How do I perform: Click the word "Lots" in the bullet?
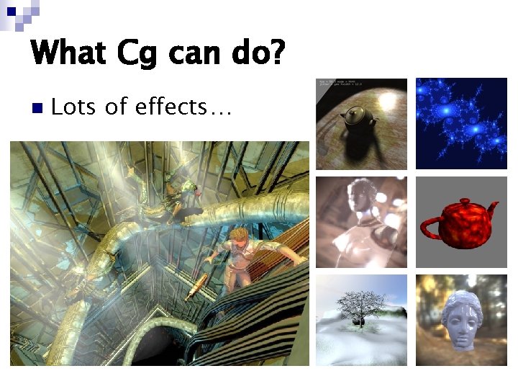tap(75, 107)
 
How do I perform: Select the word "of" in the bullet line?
tap(116, 107)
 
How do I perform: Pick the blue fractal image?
tap(461, 123)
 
